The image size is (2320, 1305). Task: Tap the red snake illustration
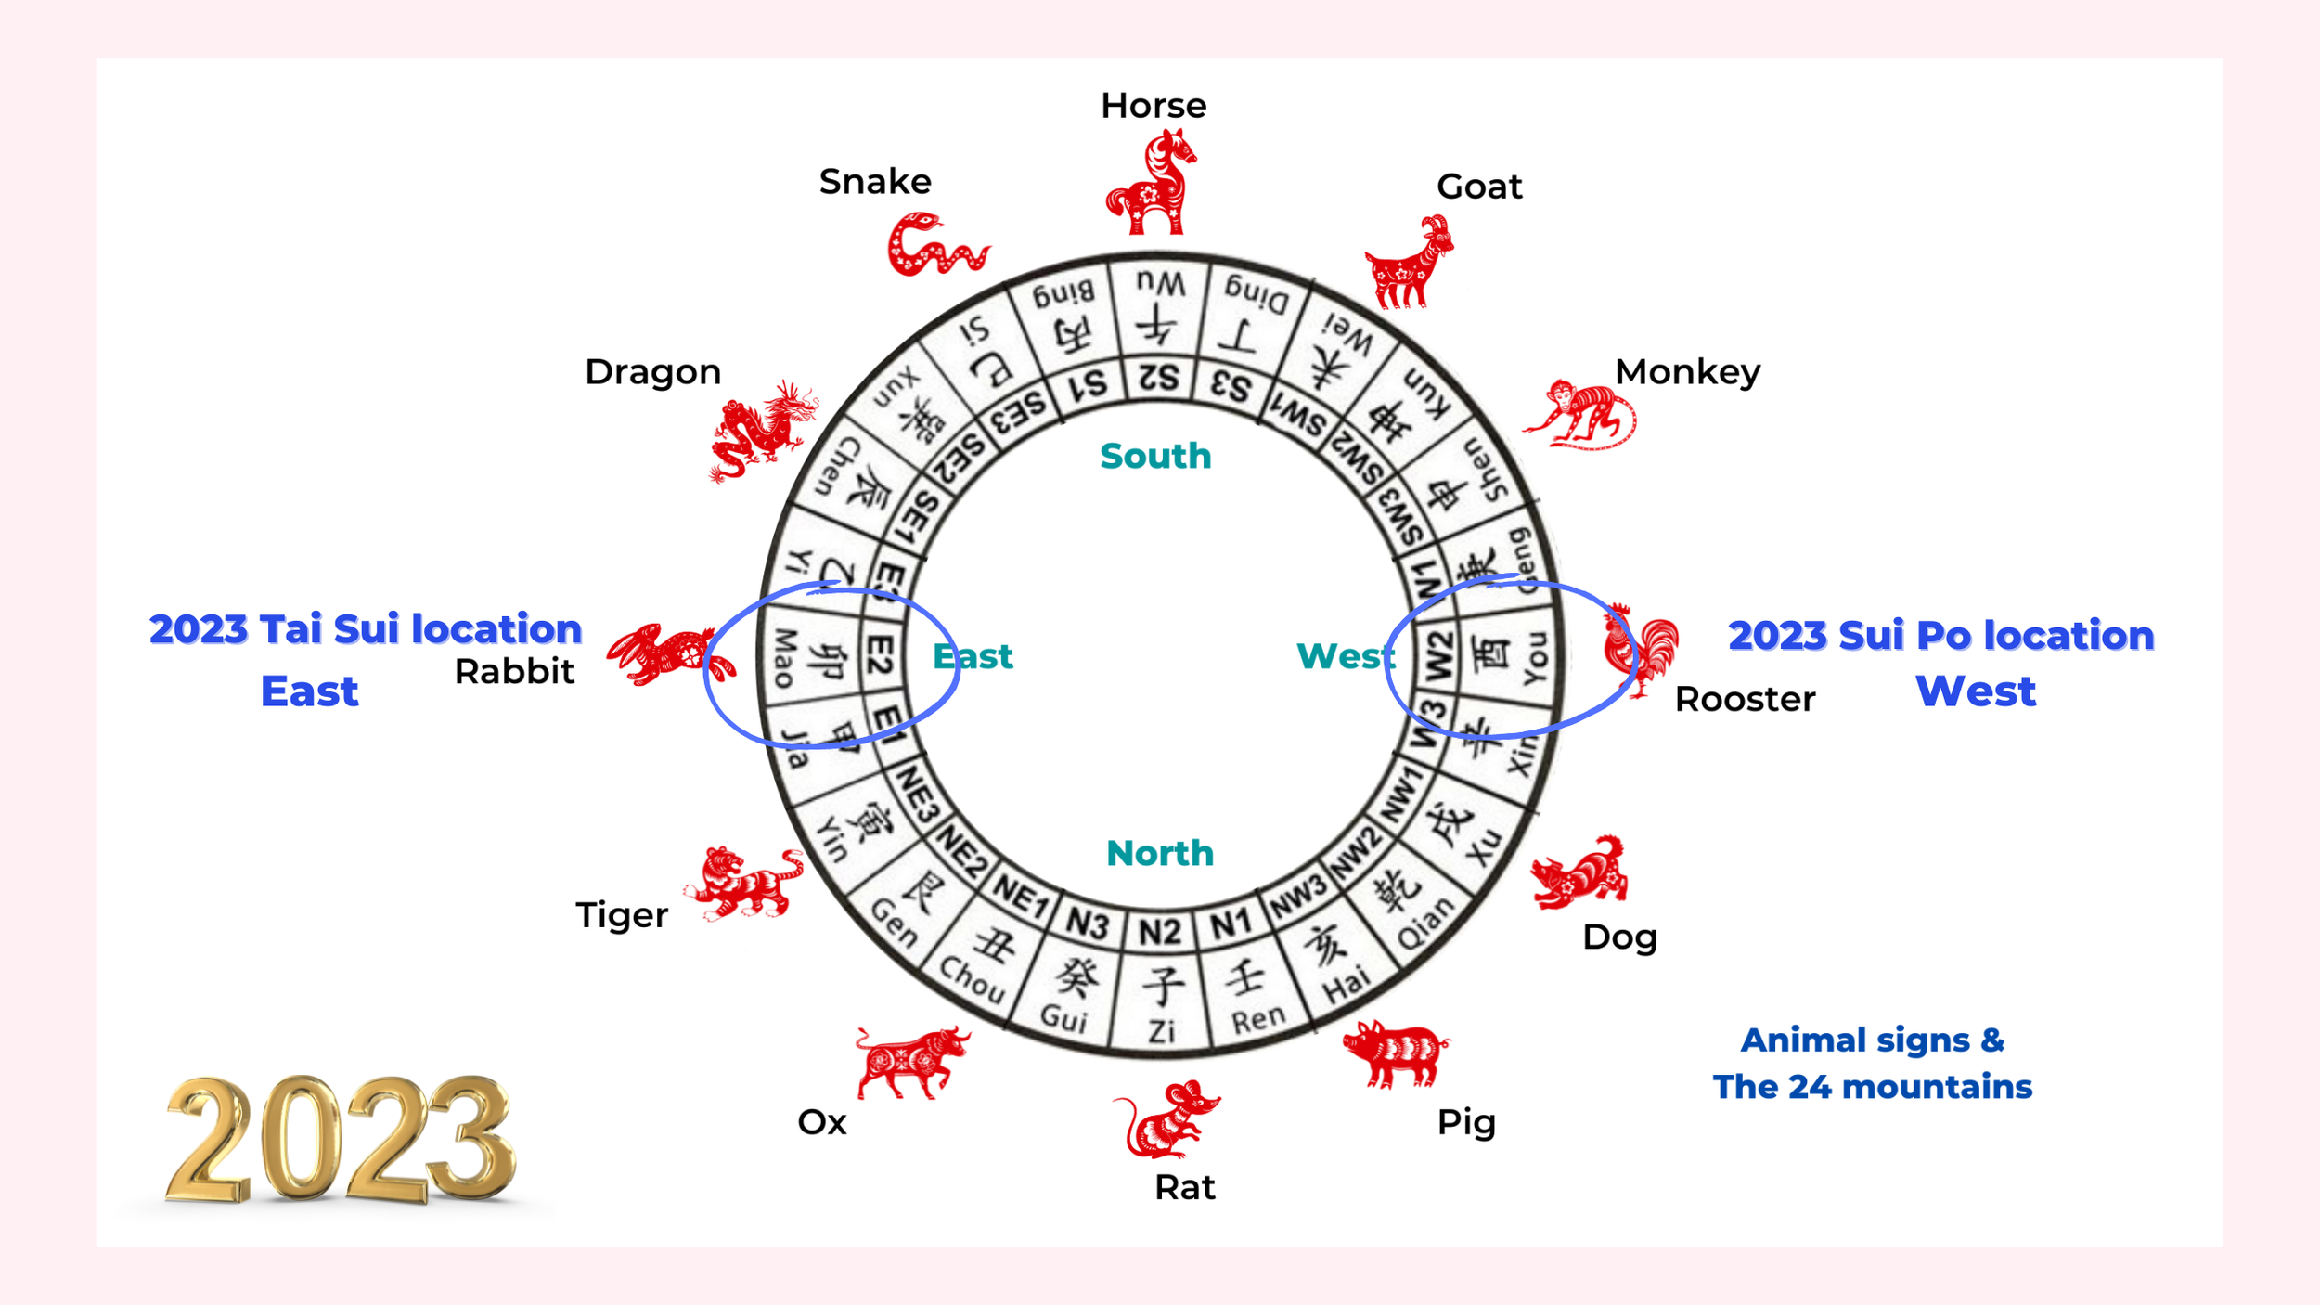point(935,246)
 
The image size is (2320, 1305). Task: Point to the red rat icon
point(1166,1121)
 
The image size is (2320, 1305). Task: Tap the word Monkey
point(1687,372)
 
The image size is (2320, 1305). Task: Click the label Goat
point(1479,187)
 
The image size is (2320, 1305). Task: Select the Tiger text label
point(622,915)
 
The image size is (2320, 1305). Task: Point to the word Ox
point(822,1122)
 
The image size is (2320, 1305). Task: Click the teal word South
point(1155,456)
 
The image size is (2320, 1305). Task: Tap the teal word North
point(1160,853)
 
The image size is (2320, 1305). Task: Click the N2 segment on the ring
point(1160,931)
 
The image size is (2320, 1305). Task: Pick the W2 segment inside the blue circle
point(1437,654)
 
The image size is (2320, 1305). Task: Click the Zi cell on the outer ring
point(1162,1007)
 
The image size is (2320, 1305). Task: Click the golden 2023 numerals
point(339,1140)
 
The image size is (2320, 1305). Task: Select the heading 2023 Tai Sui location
point(366,629)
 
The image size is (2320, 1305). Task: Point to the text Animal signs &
point(1873,1040)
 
